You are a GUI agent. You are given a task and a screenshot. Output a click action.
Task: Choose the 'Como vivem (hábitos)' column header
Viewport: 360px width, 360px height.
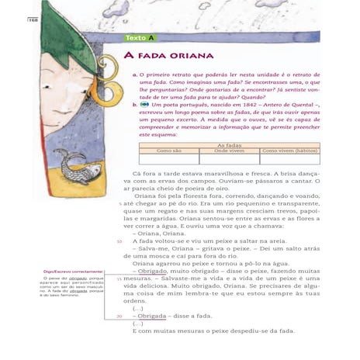pos(289,151)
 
